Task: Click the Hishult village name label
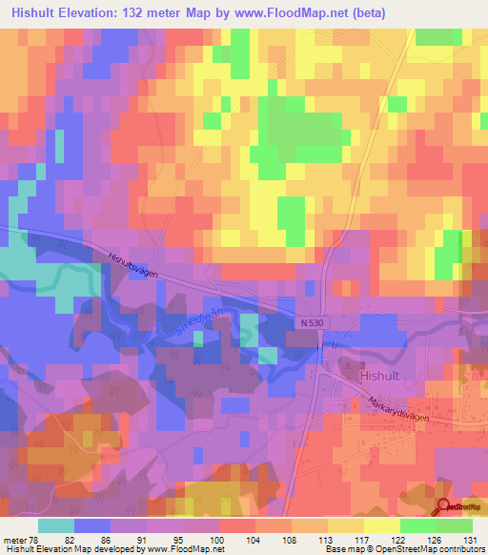click(382, 376)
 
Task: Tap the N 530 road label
click(311, 324)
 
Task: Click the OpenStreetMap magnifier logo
click(445, 506)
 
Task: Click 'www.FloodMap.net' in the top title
click(312, 12)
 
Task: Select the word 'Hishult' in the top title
click(31, 12)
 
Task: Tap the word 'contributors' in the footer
click(458, 549)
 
